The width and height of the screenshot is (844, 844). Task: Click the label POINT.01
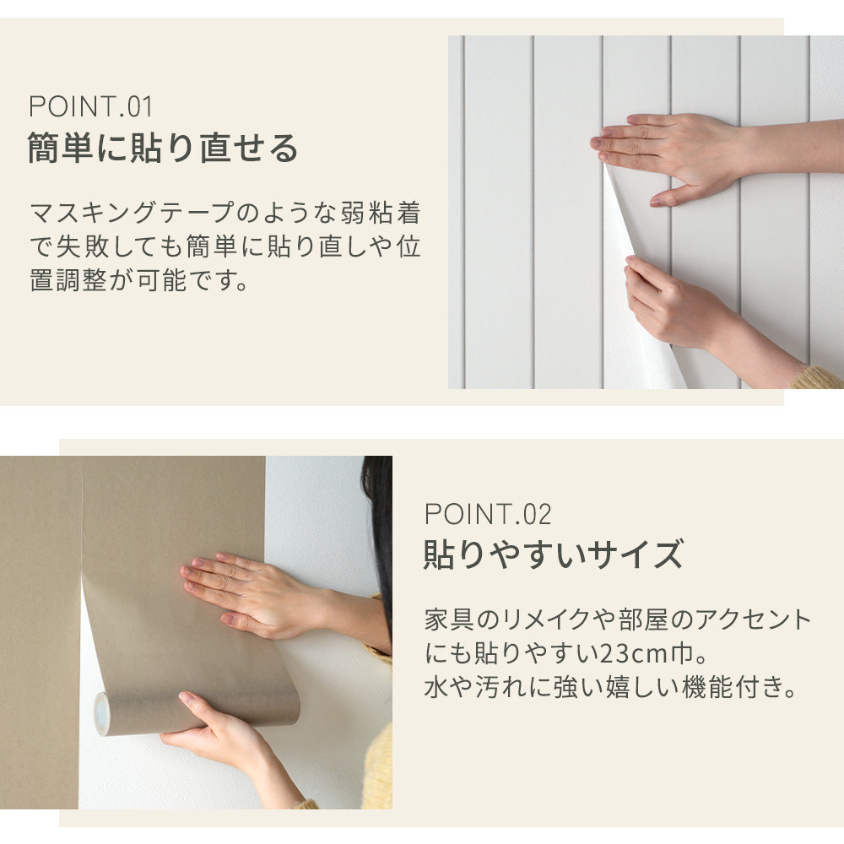click(x=90, y=107)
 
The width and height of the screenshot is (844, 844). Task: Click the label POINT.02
click(x=487, y=513)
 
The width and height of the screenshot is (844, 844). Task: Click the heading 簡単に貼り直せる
click(x=164, y=149)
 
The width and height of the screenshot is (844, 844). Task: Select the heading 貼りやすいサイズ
click(x=552, y=555)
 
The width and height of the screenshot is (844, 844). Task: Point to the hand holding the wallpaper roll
click(x=215, y=730)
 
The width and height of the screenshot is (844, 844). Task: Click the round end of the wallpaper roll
click(x=102, y=714)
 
